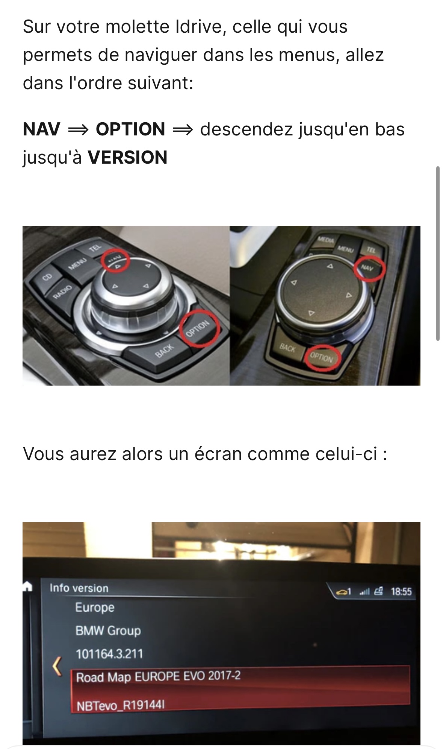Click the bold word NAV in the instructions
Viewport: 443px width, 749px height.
point(41,129)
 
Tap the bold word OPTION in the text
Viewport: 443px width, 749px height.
point(130,129)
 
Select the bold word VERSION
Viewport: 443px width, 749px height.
point(127,158)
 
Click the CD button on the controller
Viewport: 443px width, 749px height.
point(47,277)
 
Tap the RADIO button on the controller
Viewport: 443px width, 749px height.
point(62,292)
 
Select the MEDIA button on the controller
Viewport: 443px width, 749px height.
point(326,240)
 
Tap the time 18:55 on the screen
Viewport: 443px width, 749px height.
point(401,592)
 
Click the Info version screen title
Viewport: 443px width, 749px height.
point(79,588)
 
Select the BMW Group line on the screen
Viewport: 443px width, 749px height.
point(108,630)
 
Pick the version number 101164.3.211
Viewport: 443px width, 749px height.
point(109,654)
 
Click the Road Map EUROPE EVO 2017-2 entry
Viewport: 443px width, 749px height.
point(158,677)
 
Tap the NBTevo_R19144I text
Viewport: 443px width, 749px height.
point(121,705)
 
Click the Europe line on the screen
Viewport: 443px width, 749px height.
point(95,608)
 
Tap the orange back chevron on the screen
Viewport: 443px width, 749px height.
point(57,666)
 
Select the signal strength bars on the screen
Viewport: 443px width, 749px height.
point(364,592)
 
